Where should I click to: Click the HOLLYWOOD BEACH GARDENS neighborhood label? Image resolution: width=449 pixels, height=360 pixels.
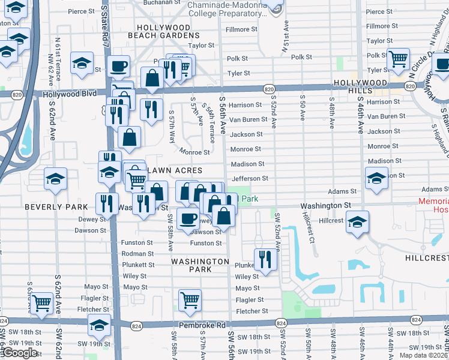163,32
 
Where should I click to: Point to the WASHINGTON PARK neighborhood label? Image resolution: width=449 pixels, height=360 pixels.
200,266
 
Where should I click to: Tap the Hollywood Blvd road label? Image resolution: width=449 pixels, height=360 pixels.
73,94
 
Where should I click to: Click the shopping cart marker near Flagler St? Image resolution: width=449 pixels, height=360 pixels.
190,299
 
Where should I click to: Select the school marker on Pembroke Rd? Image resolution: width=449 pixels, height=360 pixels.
99,325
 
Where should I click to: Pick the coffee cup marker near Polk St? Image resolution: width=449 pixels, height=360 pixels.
118,65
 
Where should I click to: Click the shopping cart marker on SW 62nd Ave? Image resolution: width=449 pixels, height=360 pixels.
41,303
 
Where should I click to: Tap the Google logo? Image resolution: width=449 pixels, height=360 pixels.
20,353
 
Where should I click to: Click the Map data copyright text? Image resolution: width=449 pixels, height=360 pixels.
423,355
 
